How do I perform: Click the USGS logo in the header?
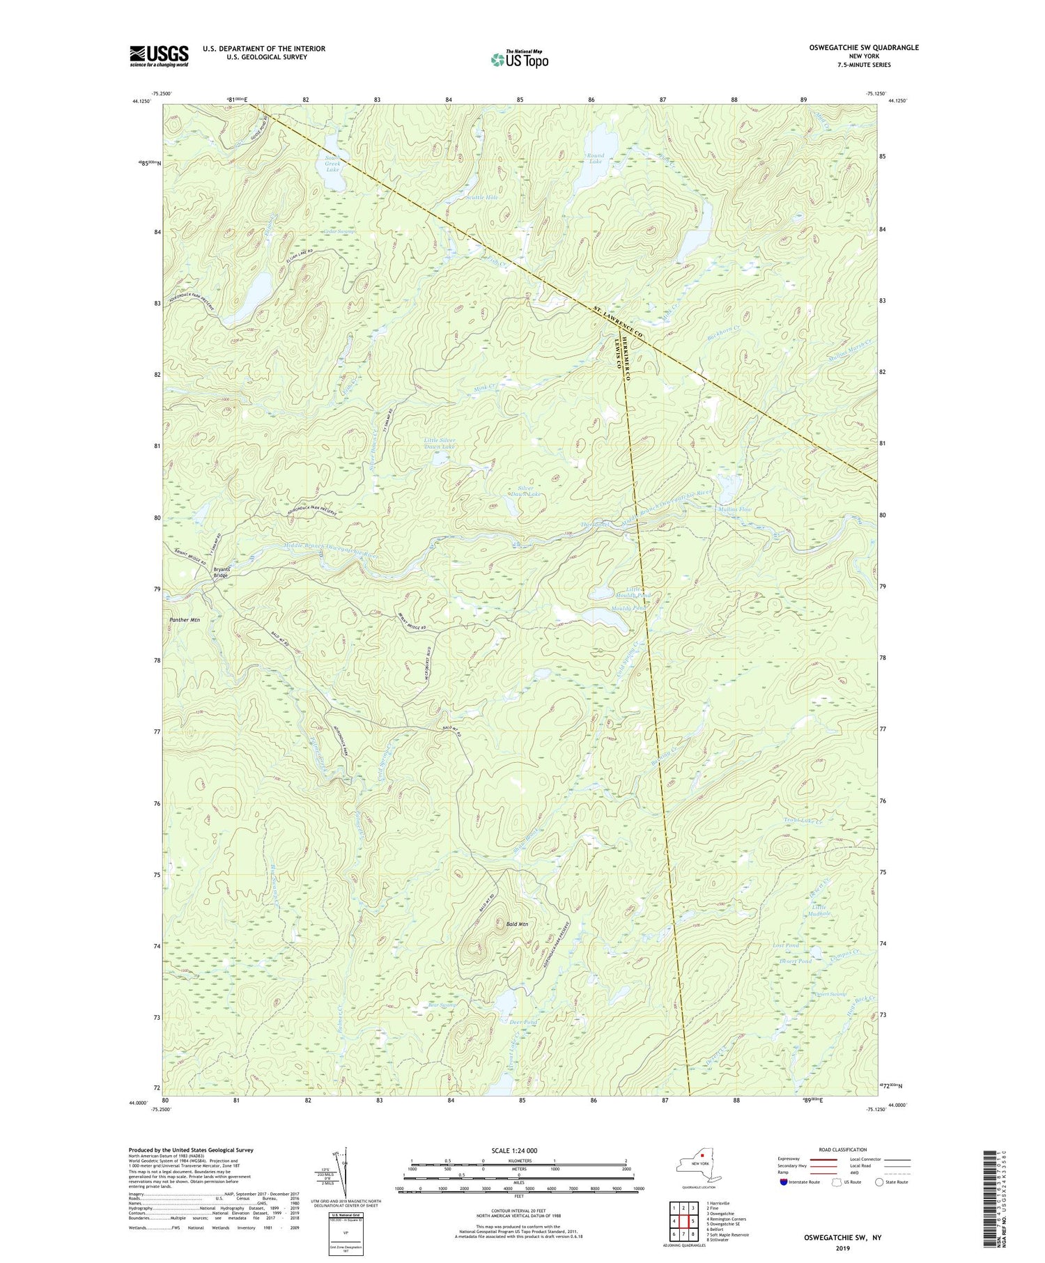(159, 56)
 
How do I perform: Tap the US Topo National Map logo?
(518, 59)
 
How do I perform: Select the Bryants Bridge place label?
(220, 573)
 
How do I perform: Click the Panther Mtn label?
(185, 619)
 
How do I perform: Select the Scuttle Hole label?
(482, 198)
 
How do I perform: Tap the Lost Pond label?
(786, 946)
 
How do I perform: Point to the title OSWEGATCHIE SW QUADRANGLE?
(856, 47)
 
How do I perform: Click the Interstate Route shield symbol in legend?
(785, 1182)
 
